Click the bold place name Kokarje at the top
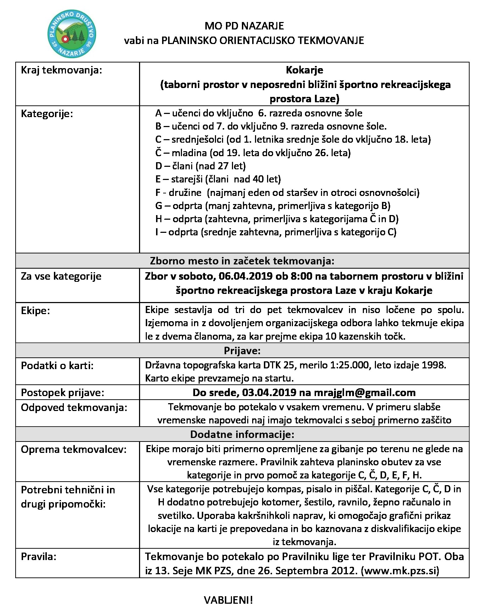point(305,70)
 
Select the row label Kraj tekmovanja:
point(61,70)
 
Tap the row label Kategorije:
point(47,114)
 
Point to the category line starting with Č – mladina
point(253,153)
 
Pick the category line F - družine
point(287,193)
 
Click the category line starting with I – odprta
point(276,232)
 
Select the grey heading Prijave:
point(242,351)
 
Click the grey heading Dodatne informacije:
point(242,434)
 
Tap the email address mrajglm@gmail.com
point(365,393)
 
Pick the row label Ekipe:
point(35,311)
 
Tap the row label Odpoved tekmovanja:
point(74,407)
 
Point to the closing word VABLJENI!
point(228,601)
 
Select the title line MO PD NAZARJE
point(244,26)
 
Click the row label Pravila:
point(39,557)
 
